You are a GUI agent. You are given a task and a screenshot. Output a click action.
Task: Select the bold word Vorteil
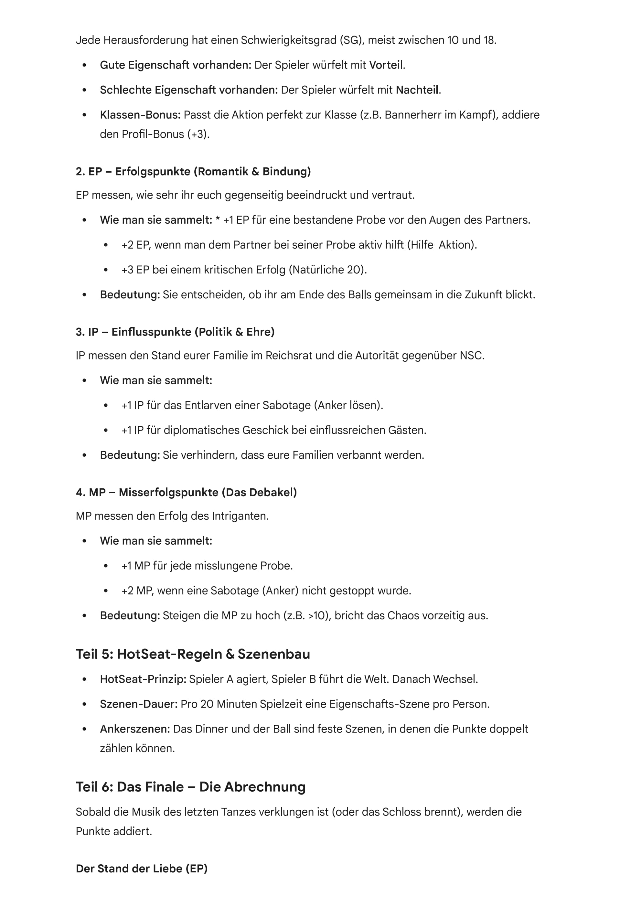coord(386,65)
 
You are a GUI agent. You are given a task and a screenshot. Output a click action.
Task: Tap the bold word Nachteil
coord(417,90)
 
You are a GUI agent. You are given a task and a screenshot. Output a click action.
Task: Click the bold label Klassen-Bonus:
coord(140,115)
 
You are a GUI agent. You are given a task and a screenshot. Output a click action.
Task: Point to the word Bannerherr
coord(411,115)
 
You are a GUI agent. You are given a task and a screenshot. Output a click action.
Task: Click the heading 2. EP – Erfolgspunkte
coord(193,171)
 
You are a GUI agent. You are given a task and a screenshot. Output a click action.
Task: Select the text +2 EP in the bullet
coord(135,245)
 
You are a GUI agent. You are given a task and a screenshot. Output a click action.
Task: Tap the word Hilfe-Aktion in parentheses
coord(442,245)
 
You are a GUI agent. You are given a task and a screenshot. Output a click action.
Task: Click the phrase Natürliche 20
coord(327,270)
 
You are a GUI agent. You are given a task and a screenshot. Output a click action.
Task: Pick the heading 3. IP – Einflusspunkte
coord(175,332)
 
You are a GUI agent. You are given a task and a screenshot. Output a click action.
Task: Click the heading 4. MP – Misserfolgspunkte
coord(186,492)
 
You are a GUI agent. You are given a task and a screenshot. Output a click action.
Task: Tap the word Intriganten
coord(239,516)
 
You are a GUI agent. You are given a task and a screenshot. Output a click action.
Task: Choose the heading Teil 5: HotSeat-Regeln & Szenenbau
coord(193,654)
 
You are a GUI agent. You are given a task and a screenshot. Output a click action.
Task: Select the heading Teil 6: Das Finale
coord(190,787)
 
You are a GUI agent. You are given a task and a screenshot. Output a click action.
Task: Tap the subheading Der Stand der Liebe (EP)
coord(141,868)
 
